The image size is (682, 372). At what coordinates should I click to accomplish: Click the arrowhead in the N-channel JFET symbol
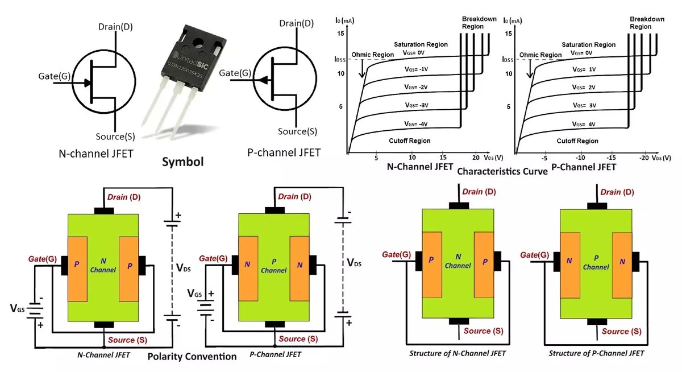87,82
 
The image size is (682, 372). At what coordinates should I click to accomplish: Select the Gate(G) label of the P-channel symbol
235,73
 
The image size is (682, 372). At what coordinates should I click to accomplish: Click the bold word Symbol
182,162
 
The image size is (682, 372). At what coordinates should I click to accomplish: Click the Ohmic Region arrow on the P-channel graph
530,68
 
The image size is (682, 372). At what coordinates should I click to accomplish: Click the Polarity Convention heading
192,357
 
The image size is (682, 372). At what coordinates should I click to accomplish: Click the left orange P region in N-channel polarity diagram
77,268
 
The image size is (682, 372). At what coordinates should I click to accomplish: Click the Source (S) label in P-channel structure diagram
623,331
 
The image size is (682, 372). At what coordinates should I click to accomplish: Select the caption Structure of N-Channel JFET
458,353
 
